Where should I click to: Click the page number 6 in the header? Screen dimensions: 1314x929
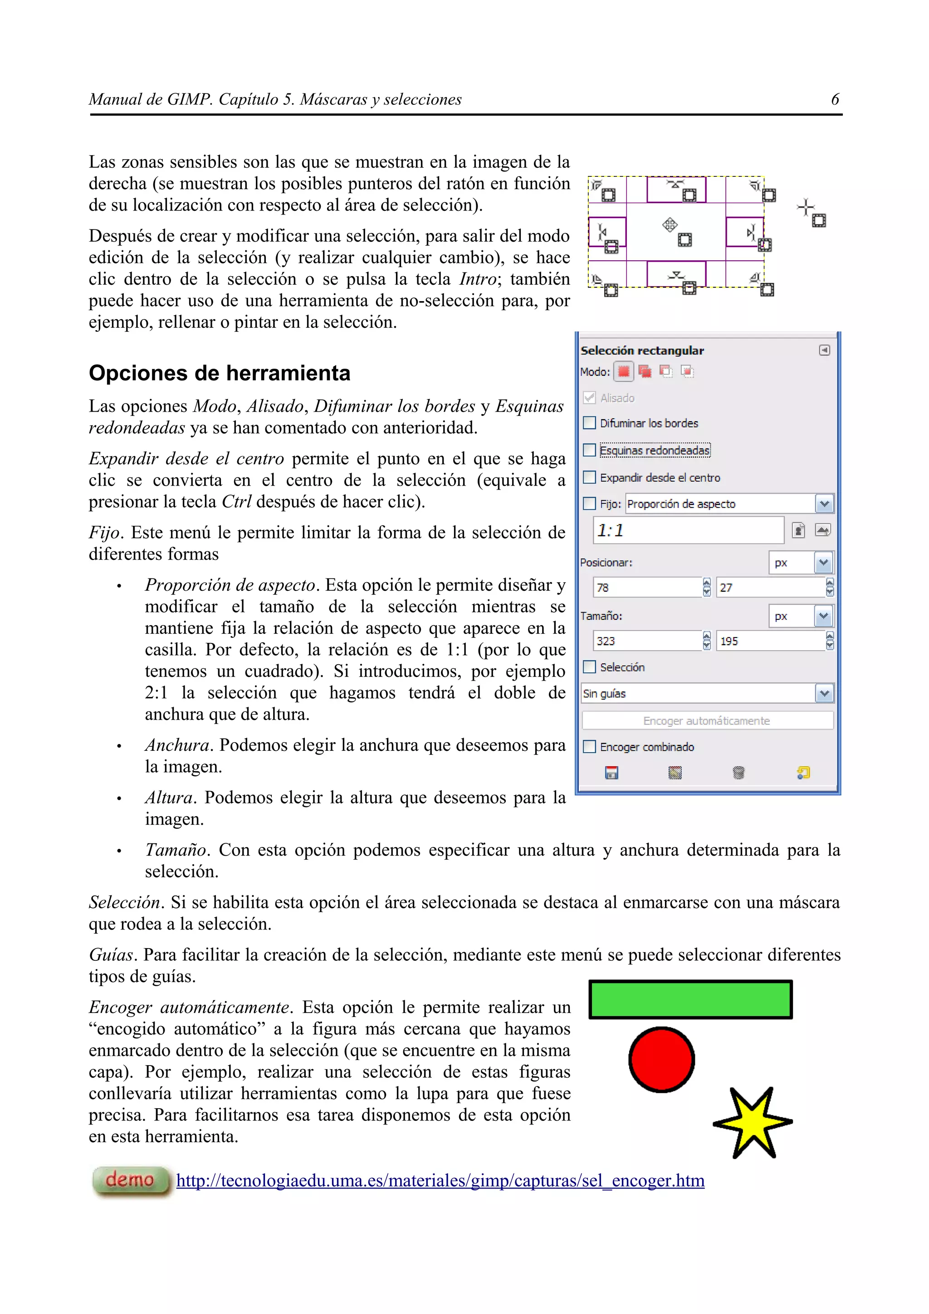coord(835,100)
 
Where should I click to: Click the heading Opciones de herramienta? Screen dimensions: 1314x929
coord(219,373)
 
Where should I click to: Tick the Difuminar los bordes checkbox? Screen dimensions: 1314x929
coord(589,423)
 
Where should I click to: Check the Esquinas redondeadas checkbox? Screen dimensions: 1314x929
coord(589,450)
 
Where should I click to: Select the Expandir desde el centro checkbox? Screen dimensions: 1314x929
coord(589,477)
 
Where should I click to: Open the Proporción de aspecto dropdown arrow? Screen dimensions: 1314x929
coord(824,504)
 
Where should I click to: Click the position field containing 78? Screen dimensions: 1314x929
coord(647,587)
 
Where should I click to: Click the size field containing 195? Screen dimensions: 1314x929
coord(769,641)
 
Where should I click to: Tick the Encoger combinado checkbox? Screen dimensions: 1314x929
coord(589,746)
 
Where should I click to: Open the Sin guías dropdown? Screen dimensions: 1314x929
coord(824,694)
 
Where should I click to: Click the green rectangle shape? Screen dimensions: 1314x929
coord(690,999)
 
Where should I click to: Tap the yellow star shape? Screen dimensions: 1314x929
coord(752,1122)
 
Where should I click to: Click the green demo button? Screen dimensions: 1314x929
coord(131,1180)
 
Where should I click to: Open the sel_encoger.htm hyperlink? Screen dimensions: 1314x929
coord(440,1181)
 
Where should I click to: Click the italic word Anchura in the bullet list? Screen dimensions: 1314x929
coord(177,745)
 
